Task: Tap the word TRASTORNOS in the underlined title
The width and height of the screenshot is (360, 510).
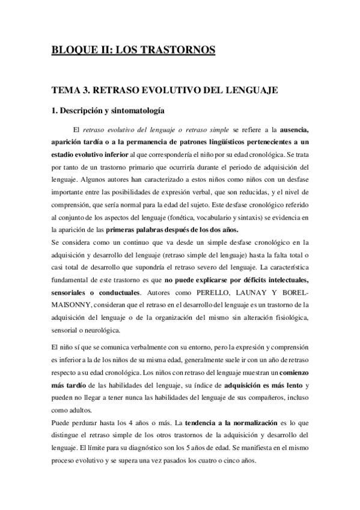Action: pos(180,50)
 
